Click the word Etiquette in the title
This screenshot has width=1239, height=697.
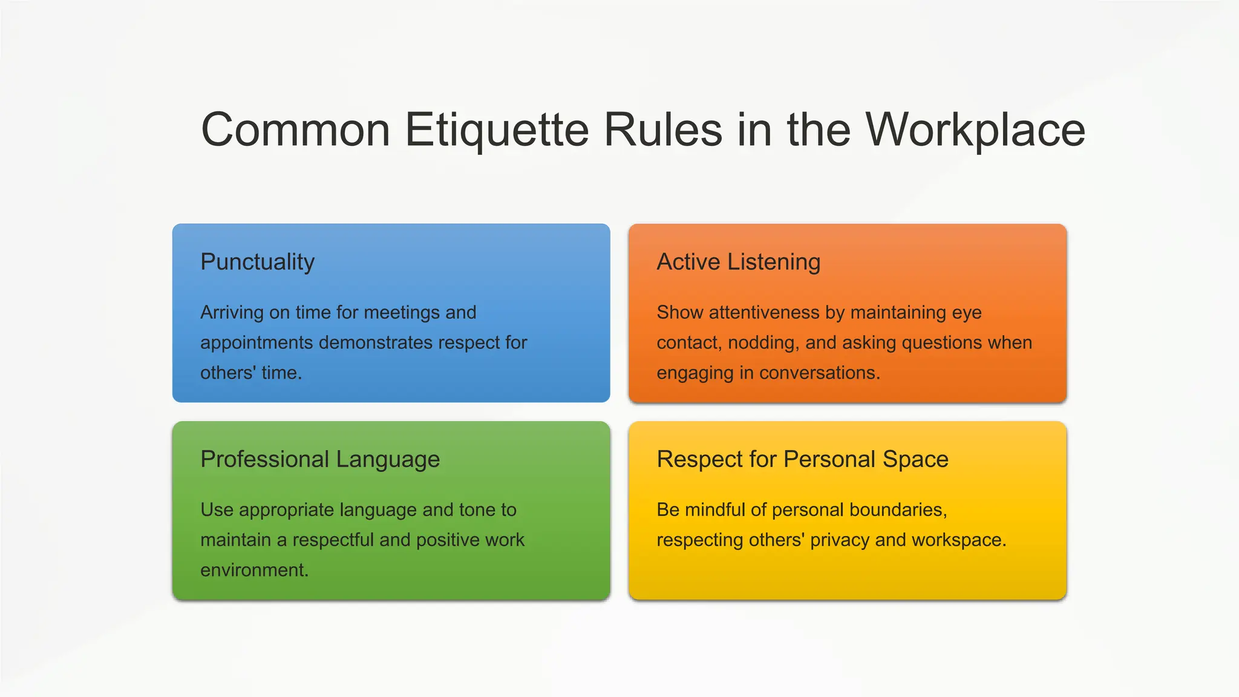coord(497,130)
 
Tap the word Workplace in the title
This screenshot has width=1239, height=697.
coord(975,130)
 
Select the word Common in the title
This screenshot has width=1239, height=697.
coord(296,130)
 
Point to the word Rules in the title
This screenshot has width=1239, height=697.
coord(663,130)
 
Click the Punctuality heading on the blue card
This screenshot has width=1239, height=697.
coord(258,262)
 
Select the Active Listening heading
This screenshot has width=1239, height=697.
coord(739,262)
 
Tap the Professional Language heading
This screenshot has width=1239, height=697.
coord(320,459)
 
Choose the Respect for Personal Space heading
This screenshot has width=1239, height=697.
coord(803,459)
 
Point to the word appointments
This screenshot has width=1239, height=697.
coord(257,343)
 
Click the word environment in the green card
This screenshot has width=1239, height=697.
coord(254,570)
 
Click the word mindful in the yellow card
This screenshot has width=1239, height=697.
coord(714,509)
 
